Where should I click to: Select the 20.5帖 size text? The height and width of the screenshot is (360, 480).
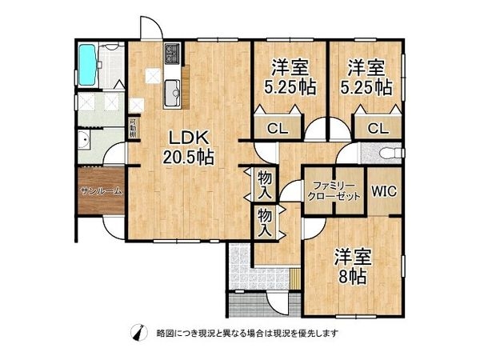(x=188, y=158)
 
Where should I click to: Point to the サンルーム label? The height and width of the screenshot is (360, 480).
(x=101, y=191)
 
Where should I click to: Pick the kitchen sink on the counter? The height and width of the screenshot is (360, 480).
(x=173, y=92)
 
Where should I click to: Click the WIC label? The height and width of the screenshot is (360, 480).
(x=383, y=191)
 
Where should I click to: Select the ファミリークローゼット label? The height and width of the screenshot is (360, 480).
(x=333, y=191)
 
